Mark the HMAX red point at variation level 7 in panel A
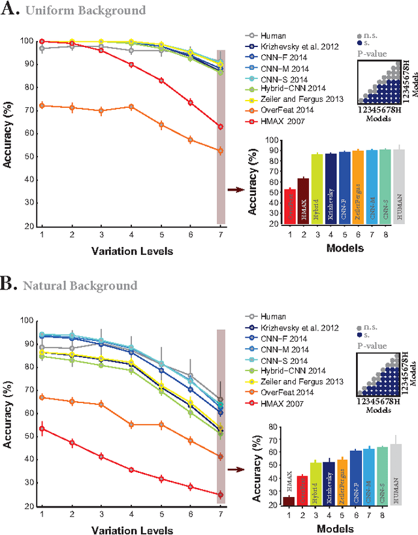pos(220,127)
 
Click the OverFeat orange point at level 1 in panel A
pos(42,105)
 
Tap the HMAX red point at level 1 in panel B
pos(42,429)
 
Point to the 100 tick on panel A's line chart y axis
pos(27,41)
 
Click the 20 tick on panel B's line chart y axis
pos(27,506)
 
